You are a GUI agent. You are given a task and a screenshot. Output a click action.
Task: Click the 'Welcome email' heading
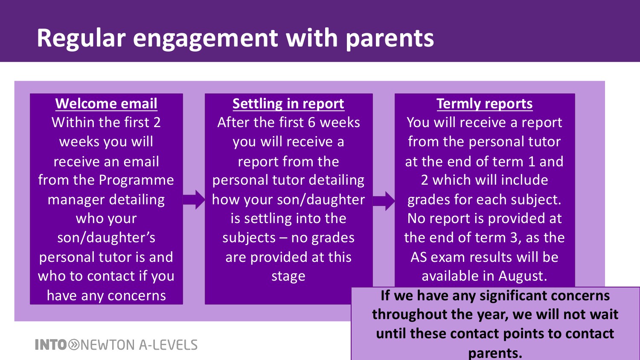point(106,103)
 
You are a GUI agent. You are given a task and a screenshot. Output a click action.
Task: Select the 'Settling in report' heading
point(288,104)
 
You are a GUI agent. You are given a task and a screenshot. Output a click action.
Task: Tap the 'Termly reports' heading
point(485,104)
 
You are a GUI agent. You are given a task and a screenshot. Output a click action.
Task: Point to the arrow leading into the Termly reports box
point(384,201)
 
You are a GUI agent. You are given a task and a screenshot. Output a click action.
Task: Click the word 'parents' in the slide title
point(390,38)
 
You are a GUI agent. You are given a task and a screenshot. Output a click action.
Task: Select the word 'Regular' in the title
point(81,38)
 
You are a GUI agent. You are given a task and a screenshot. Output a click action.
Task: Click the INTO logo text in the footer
point(51,345)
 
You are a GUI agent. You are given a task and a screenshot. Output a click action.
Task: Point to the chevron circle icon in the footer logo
point(74,345)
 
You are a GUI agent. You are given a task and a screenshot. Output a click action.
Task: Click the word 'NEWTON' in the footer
point(108,345)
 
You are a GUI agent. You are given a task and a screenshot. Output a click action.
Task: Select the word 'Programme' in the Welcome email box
point(137,180)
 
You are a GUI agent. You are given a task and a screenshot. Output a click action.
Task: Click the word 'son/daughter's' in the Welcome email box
point(106,238)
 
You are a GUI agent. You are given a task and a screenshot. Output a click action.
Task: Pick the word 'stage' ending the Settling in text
point(288,276)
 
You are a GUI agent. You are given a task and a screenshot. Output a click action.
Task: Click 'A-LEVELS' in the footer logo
point(168,345)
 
